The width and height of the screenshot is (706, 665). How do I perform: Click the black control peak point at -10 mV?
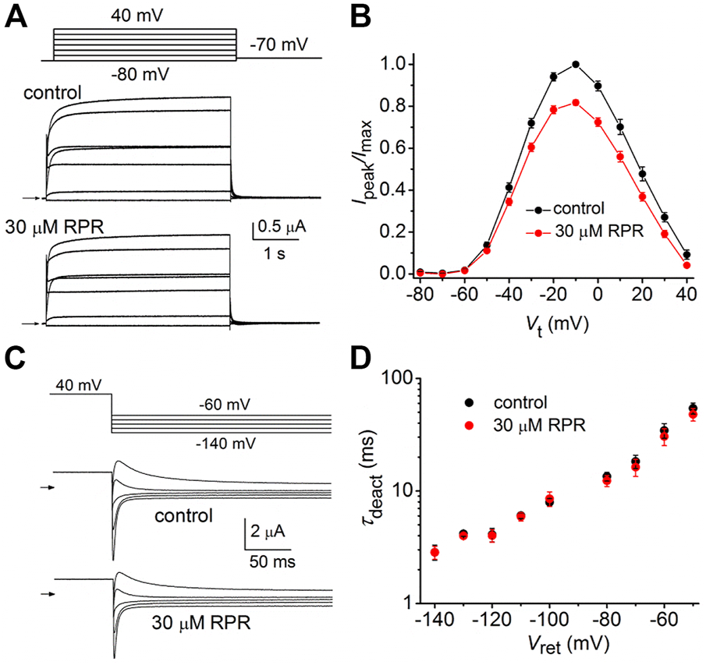click(x=576, y=64)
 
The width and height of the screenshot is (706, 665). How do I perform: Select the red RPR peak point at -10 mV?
click(x=576, y=102)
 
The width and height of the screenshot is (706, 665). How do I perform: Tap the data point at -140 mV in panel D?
click(x=435, y=553)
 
